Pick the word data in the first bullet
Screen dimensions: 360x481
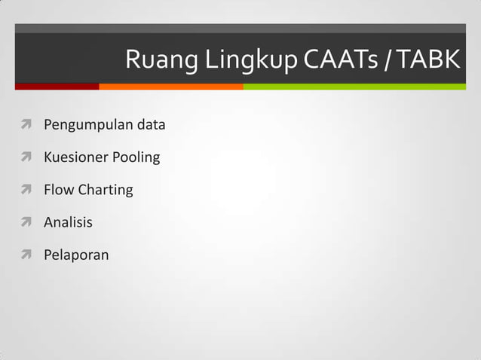pyautogui.click(x=151, y=124)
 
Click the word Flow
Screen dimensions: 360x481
pyautogui.click(x=59, y=190)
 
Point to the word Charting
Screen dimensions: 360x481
pyautogui.click(x=106, y=191)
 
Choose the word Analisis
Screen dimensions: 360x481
pyautogui.click(x=68, y=222)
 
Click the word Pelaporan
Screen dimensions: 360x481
pyautogui.click(x=76, y=255)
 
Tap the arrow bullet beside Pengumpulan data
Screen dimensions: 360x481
pyautogui.click(x=26, y=125)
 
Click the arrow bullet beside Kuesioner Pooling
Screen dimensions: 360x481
pyautogui.click(x=26, y=157)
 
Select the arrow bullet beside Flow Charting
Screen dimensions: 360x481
pyautogui.click(x=26, y=190)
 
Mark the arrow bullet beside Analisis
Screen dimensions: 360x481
pyautogui.click(x=26, y=222)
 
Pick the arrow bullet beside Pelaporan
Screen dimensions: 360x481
pyautogui.click(x=26, y=255)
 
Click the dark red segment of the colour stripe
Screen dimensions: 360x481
pyautogui.click(x=57, y=87)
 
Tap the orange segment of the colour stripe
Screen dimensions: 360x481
pyautogui.click(x=170, y=87)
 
